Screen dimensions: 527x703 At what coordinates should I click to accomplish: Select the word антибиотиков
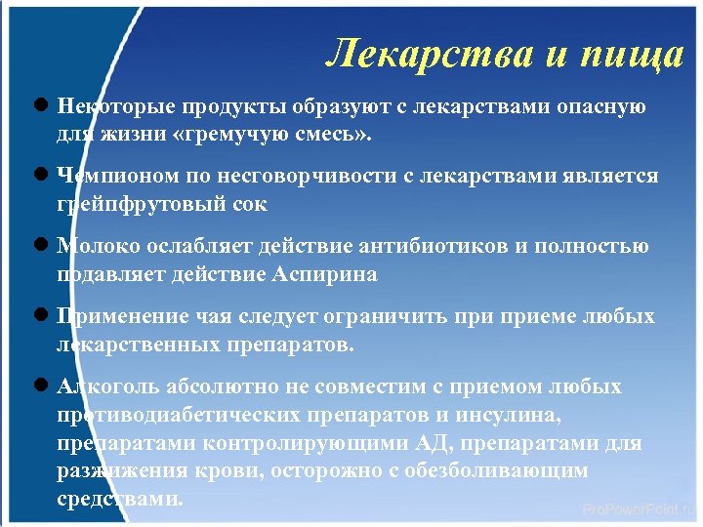434,247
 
